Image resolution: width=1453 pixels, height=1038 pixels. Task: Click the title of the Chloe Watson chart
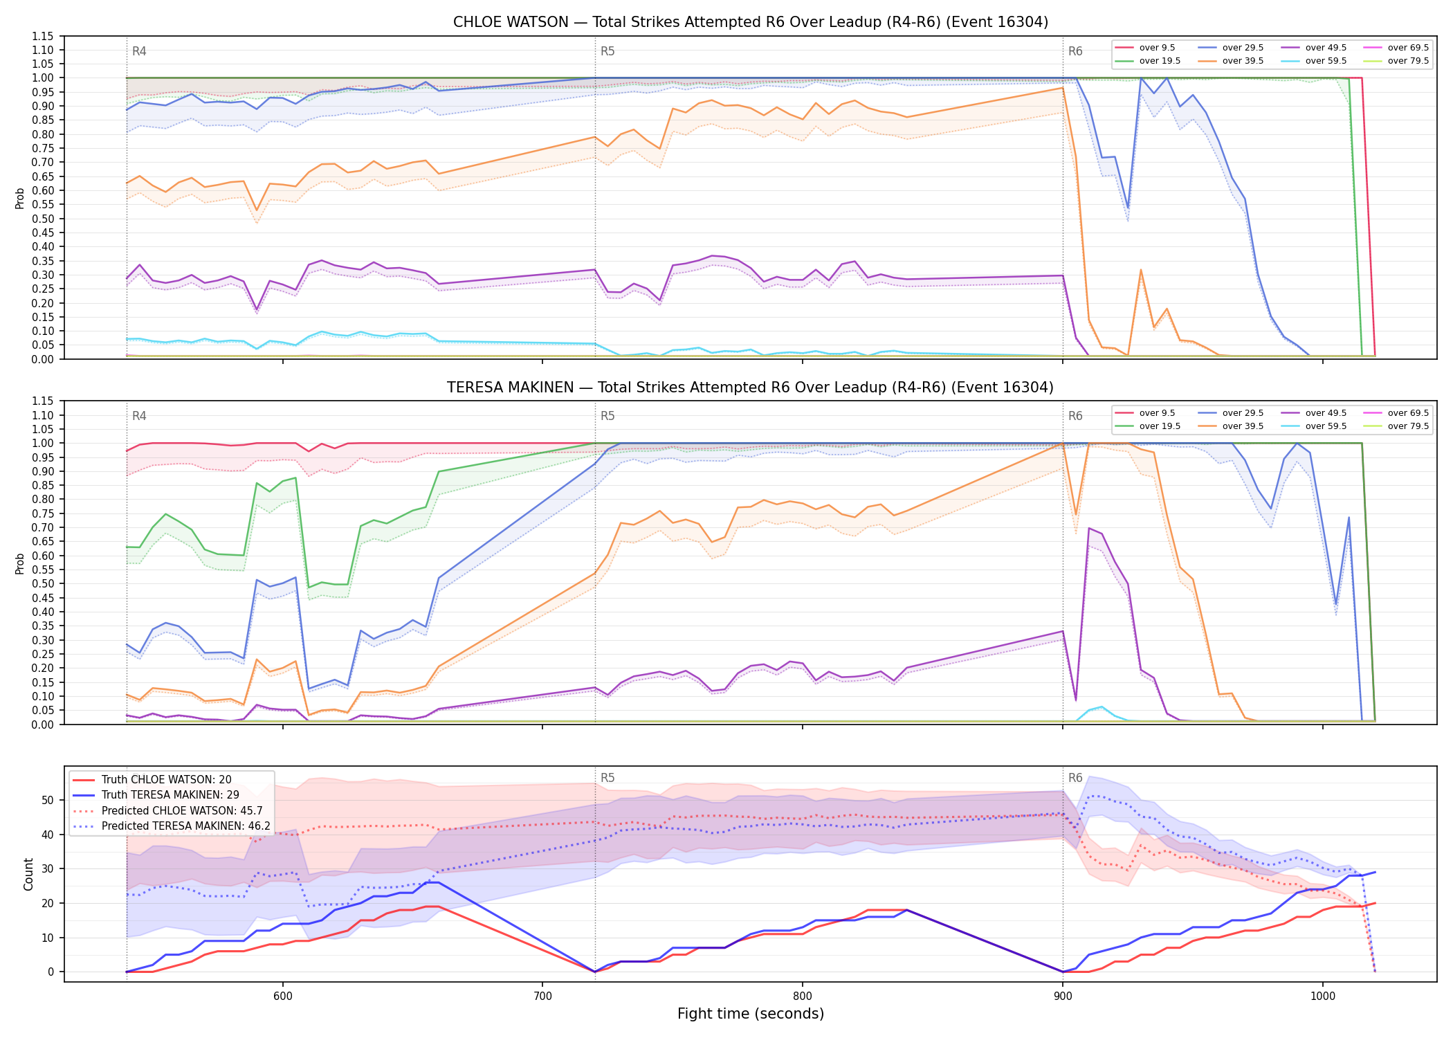[x=751, y=22]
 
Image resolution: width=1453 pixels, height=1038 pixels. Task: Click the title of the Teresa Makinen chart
[x=751, y=388]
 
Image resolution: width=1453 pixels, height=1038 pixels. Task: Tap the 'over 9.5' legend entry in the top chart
[x=1145, y=48]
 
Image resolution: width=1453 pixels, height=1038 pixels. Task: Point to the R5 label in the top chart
[x=607, y=51]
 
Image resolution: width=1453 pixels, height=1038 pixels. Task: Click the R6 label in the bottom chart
[x=1075, y=778]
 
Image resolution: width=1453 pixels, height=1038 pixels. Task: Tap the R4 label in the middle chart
[x=139, y=416]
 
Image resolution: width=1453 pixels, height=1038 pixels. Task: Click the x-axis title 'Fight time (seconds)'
[x=751, y=1014]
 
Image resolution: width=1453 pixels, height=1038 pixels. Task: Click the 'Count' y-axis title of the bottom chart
[x=28, y=874]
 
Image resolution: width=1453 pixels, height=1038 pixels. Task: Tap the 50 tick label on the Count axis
[x=48, y=800]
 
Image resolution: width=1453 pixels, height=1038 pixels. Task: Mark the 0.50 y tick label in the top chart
[x=43, y=219]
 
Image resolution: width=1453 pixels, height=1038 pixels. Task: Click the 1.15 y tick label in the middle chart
[x=43, y=401]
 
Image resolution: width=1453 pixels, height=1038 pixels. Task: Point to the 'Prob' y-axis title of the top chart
[x=20, y=198]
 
